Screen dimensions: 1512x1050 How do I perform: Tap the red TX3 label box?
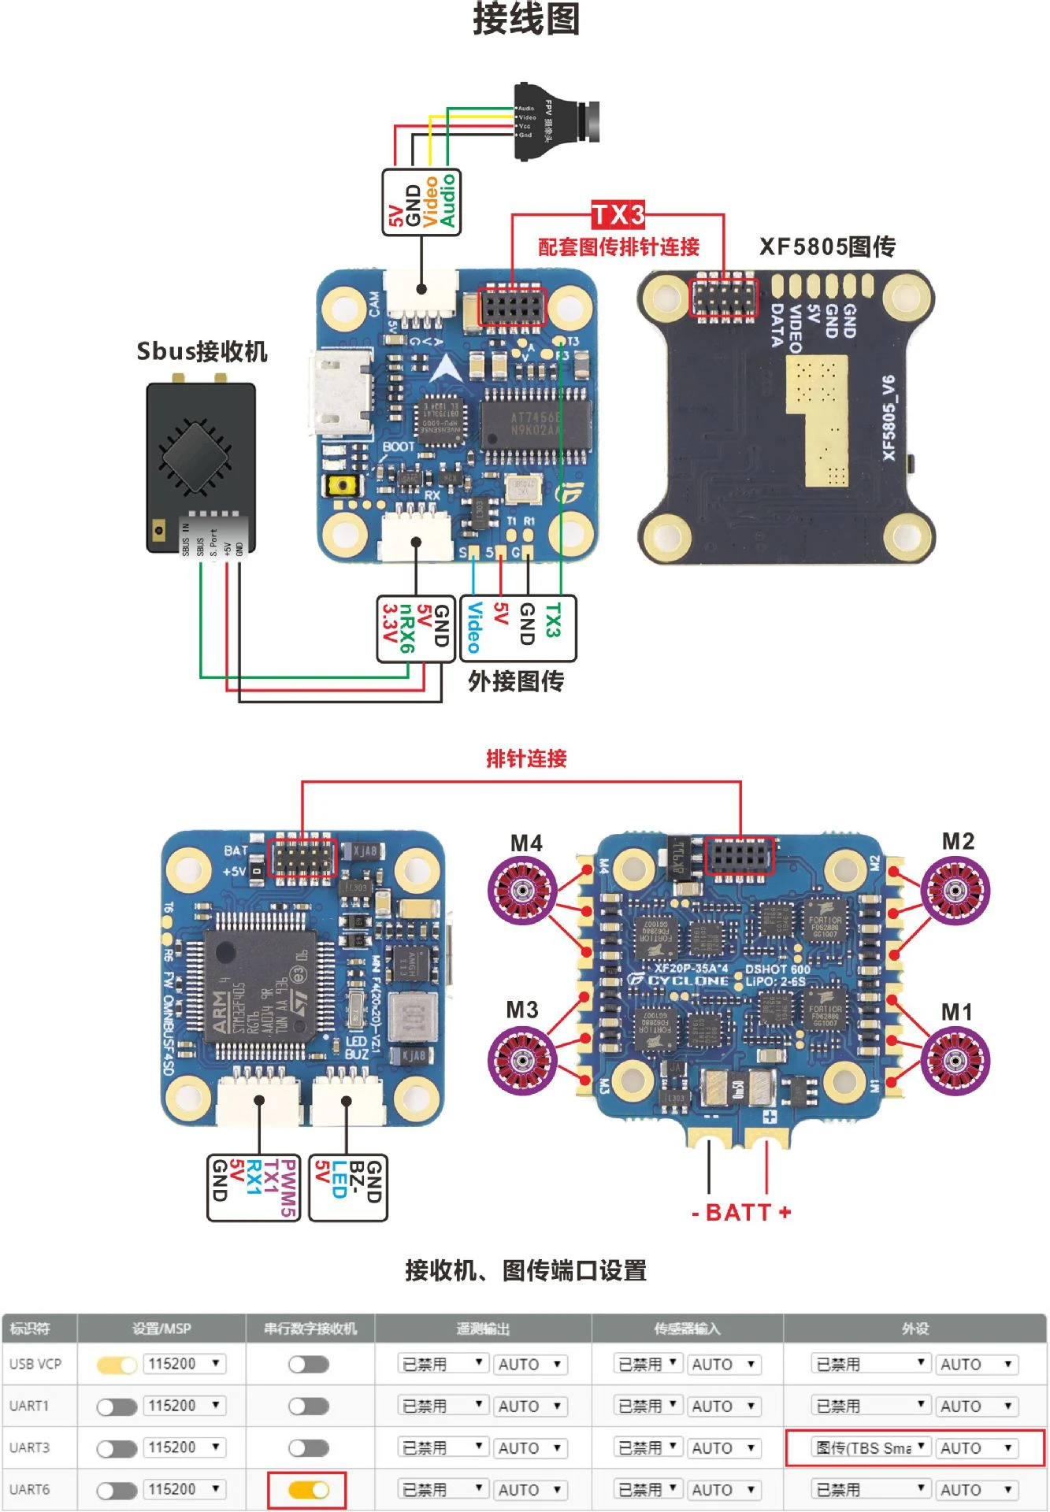[618, 214]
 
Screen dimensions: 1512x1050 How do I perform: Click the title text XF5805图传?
[827, 247]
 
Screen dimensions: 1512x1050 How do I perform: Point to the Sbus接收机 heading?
[202, 351]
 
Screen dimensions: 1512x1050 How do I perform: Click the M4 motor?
[522, 891]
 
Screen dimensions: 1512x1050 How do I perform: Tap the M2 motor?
[955, 891]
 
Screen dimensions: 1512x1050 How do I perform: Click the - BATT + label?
[741, 1212]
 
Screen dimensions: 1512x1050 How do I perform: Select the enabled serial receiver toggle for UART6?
[308, 1489]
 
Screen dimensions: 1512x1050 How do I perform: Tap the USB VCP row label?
[35, 1364]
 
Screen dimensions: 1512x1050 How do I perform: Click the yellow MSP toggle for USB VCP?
[117, 1365]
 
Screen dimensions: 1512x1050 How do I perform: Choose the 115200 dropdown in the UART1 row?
[184, 1406]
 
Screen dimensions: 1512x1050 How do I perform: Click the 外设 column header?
[915, 1329]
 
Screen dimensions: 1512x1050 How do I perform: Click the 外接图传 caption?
[516, 681]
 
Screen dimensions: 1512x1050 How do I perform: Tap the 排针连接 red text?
[526, 758]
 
